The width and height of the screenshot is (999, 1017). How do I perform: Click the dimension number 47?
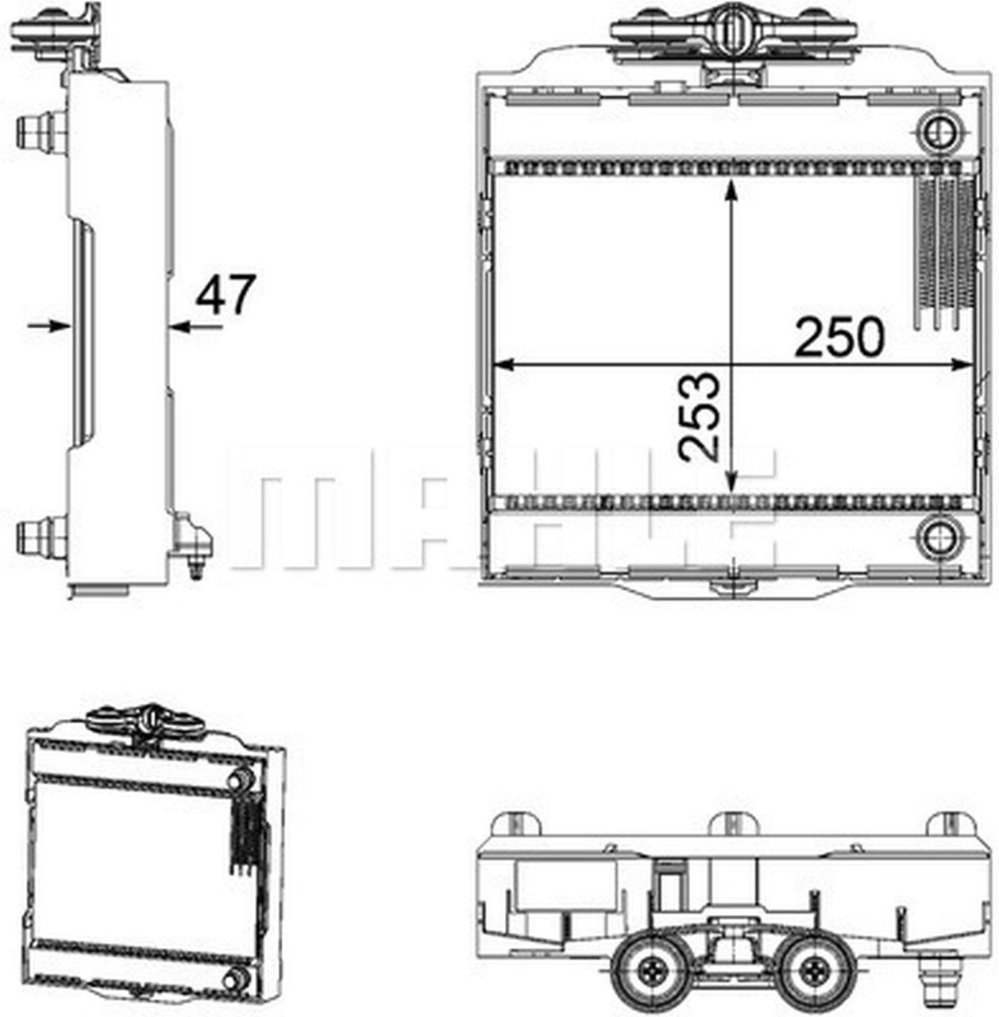[x=226, y=295]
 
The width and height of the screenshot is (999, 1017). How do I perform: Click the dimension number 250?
[x=839, y=337]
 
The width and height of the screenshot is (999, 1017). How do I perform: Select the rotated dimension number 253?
[x=700, y=416]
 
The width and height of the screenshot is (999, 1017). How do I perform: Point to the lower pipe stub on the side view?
[x=40, y=536]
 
